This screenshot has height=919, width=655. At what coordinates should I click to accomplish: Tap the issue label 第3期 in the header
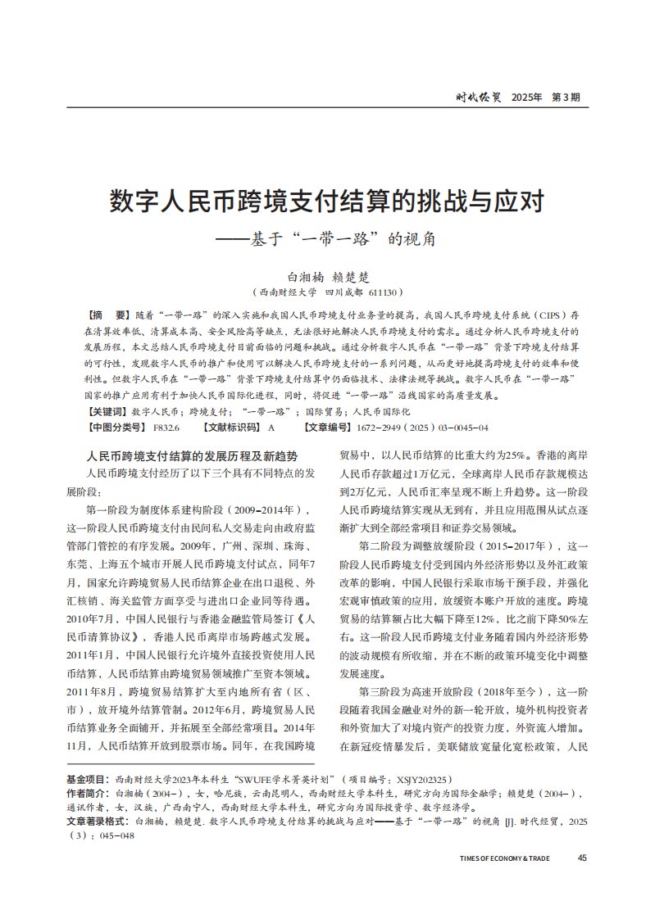566,97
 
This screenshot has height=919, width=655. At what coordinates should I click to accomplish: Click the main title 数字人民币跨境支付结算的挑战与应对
327,201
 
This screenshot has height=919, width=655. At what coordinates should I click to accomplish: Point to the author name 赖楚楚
354,277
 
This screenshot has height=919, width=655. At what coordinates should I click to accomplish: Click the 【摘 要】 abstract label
107,315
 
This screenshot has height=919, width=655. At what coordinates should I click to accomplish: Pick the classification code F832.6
166,428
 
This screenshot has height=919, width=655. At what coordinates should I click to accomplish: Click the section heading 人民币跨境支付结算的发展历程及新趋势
192,455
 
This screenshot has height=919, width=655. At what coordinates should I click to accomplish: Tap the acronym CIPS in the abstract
548,315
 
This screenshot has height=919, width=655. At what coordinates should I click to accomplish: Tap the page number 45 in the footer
582,858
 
